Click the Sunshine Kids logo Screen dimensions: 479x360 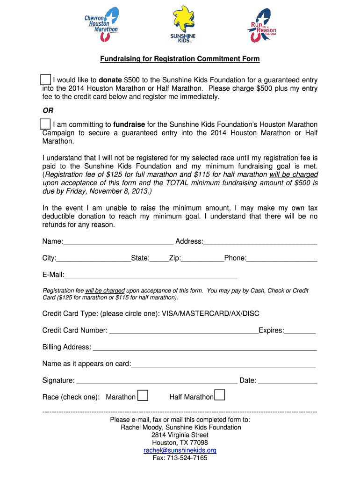(x=183, y=23)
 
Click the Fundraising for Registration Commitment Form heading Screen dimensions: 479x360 (x=180, y=59)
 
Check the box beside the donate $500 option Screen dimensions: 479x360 (x=46, y=80)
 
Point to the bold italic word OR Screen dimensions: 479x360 (x=48, y=111)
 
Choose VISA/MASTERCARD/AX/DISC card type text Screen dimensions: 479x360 (x=210, y=313)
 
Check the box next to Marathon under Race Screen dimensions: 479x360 (x=143, y=396)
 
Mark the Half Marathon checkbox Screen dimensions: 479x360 (x=220, y=396)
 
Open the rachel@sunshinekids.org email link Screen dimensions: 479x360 (x=180, y=450)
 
